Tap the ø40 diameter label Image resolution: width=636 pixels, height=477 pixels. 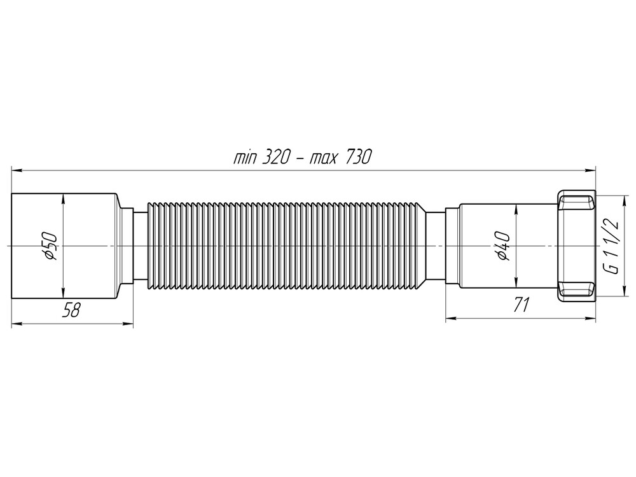[502, 245]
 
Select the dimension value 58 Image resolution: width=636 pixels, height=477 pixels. [71, 310]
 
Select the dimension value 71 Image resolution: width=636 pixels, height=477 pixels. [521, 306]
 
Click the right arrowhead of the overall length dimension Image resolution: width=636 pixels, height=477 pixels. [591, 170]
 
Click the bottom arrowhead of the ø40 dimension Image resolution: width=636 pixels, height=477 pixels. [514, 282]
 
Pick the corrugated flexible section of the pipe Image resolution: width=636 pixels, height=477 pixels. [286, 245]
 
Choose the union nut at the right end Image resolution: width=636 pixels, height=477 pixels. [576, 245]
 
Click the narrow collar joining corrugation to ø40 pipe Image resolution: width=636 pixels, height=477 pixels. [435, 245]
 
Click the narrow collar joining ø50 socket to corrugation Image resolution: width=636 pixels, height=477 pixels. [140, 245]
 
